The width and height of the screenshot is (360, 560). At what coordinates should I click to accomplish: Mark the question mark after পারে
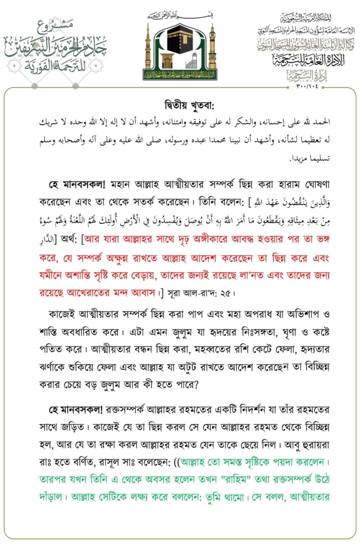[196, 384]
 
